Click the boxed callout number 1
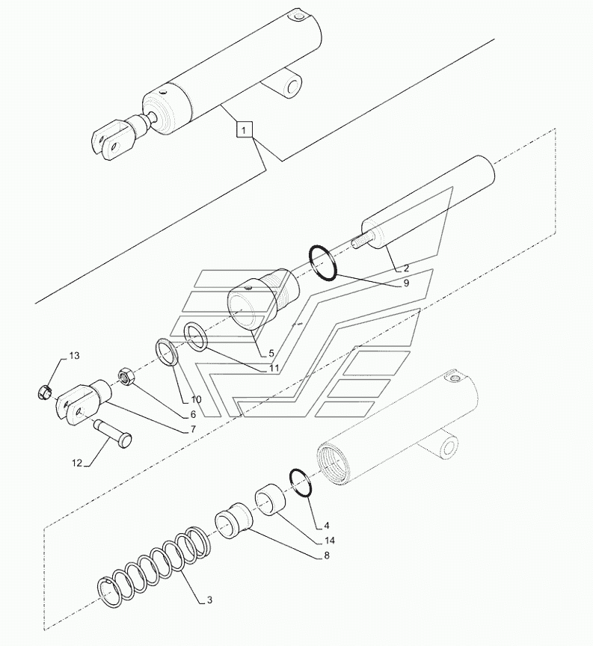coord(245,129)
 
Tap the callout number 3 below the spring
coord(210,600)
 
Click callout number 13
coord(74,355)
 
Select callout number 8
coord(327,556)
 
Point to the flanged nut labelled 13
coord(43,390)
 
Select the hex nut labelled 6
coord(126,376)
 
